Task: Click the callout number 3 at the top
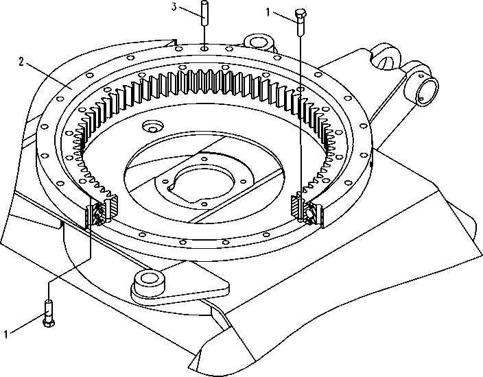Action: tap(174, 7)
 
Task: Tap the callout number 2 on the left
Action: tap(21, 62)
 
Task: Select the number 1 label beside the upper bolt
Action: tap(268, 12)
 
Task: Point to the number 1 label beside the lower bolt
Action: tap(6, 335)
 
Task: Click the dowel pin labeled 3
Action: tap(204, 13)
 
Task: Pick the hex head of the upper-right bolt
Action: tap(301, 14)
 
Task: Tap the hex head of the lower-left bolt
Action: tap(49, 323)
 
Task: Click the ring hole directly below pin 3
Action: tap(204, 48)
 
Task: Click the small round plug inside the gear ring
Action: tap(152, 125)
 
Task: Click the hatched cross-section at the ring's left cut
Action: tap(113, 207)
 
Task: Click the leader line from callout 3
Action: tap(190, 12)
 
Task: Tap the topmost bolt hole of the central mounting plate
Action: tap(203, 159)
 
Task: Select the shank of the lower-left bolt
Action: tap(49, 310)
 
